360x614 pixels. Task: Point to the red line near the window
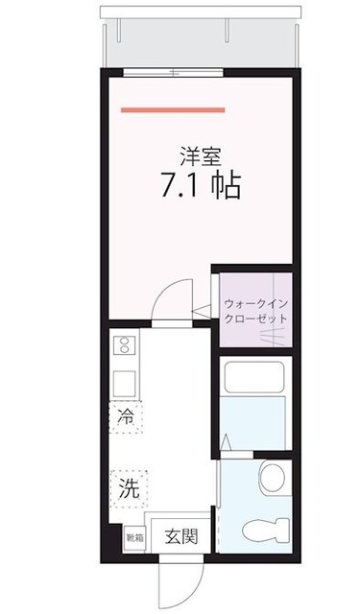click(x=173, y=109)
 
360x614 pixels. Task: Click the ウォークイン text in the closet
click(x=255, y=299)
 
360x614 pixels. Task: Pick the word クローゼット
click(x=255, y=319)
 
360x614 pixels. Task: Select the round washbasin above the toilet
click(x=272, y=475)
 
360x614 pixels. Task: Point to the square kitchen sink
click(x=125, y=383)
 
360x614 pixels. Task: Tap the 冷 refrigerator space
click(x=126, y=416)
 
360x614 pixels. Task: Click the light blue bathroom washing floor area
click(x=253, y=422)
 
